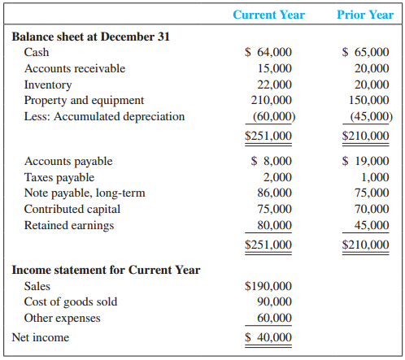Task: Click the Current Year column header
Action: point(268,15)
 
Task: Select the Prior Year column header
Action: point(365,15)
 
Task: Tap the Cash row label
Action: point(37,52)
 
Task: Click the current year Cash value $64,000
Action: point(268,52)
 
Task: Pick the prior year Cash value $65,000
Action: point(365,52)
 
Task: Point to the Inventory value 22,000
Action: point(274,85)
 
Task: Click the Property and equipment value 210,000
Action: point(272,100)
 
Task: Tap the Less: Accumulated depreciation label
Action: point(104,116)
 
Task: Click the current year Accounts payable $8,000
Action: point(272,161)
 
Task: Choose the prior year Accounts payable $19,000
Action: point(365,161)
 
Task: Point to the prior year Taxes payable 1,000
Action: point(375,177)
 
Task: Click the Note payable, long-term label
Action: point(85,193)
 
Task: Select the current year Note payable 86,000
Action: point(274,193)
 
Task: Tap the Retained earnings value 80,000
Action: point(274,225)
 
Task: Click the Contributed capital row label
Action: point(72,210)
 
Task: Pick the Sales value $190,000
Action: point(268,286)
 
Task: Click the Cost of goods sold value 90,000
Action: point(274,301)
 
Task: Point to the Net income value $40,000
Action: point(268,337)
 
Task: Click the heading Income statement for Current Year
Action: point(106,270)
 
